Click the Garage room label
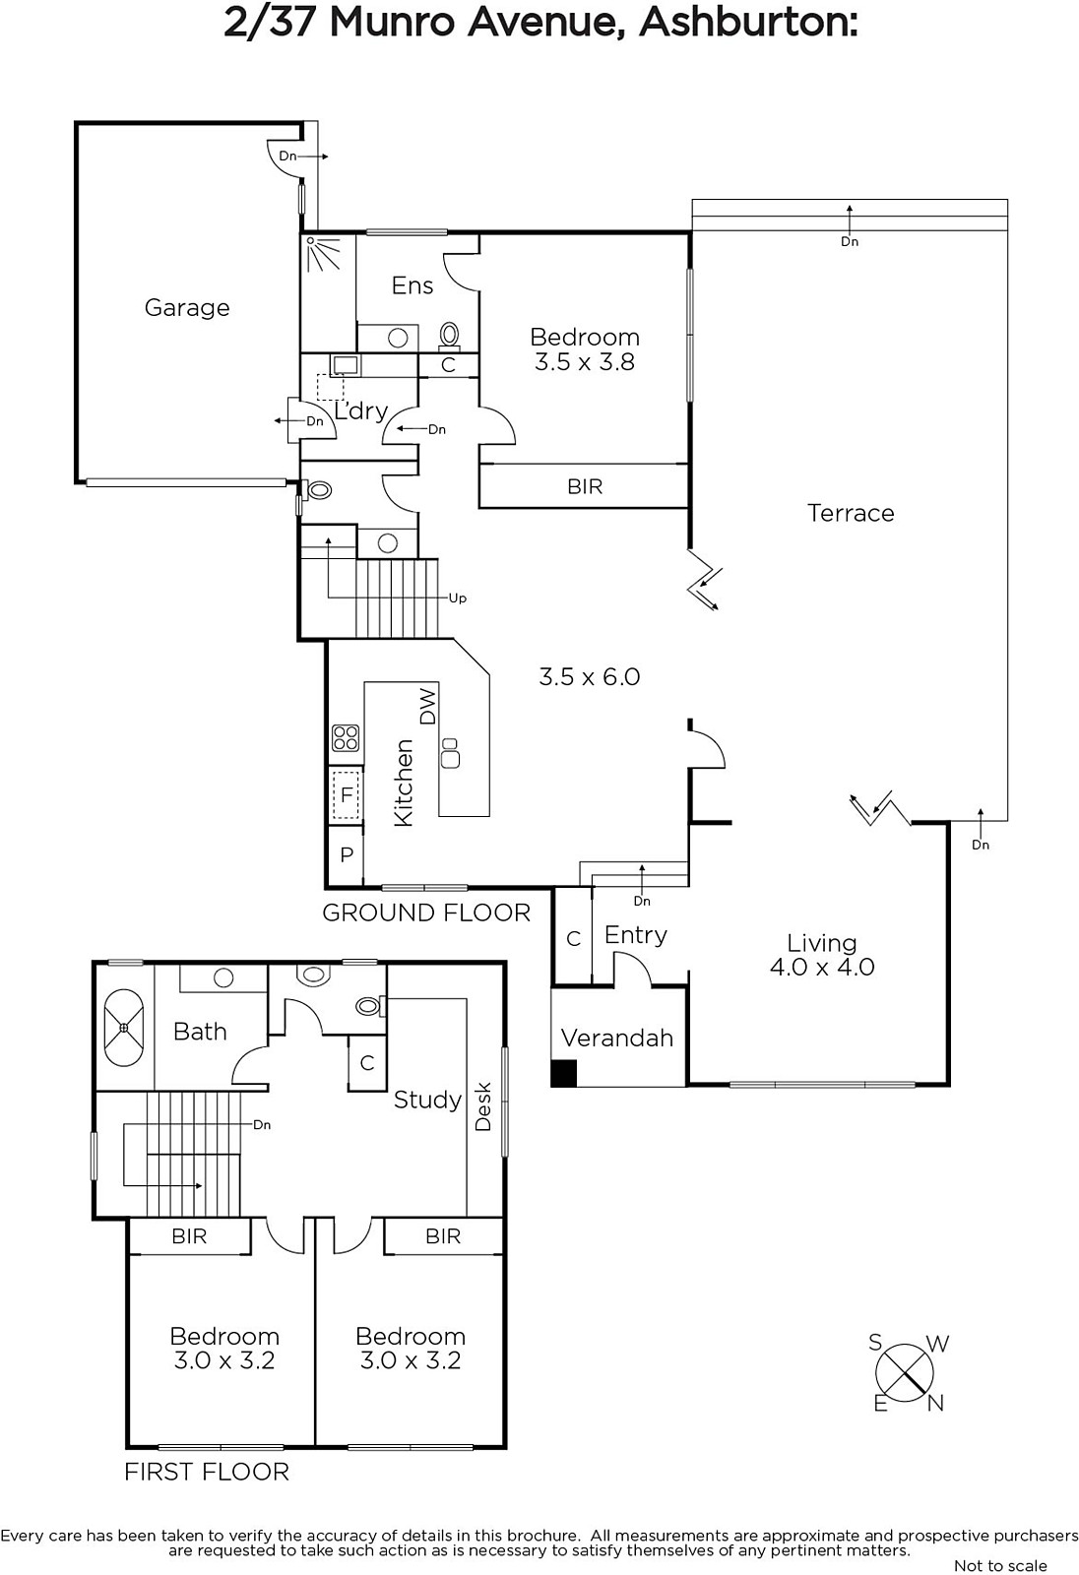point(187,308)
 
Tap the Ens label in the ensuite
point(413,285)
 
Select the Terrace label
point(851,513)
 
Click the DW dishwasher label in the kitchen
point(427,706)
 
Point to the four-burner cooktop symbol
point(346,738)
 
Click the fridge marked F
point(347,794)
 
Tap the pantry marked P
point(347,855)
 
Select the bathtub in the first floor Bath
point(124,1028)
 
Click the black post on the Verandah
point(563,1074)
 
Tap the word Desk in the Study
point(483,1106)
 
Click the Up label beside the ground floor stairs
point(458,598)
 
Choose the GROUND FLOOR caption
point(426,913)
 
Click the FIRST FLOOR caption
point(207,1472)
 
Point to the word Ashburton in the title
point(747,24)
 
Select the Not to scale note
point(1000,1565)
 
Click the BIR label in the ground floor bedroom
point(585,486)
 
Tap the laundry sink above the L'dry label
point(346,365)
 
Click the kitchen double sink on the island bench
point(450,752)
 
